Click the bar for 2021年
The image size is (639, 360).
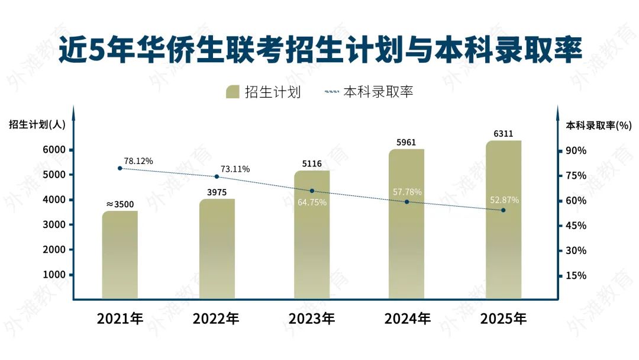(x=120, y=255)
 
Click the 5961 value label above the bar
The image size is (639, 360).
(x=406, y=142)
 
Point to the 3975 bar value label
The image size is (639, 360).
(x=217, y=192)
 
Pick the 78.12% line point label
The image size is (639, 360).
(x=138, y=161)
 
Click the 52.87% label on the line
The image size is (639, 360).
(x=504, y=200)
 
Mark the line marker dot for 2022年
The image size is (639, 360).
(x=217, y=176)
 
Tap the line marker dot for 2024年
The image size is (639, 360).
(x=407, y=202)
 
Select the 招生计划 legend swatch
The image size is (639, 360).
(x=233, y=92)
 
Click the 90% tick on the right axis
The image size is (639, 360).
(x=576, y=150)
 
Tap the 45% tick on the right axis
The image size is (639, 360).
(x=576, y=226)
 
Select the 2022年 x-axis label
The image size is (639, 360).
(x=216, y=319)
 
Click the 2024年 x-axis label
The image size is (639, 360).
(x=407, y=319)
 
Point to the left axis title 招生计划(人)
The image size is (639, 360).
(x=37, y=124)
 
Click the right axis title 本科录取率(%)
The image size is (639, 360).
(x=599, y=125)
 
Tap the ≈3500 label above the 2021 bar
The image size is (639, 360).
(x=120, y=204)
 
